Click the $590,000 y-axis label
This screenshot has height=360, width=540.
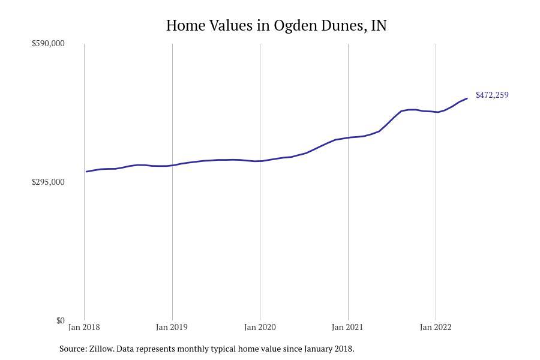[x=48, y=43]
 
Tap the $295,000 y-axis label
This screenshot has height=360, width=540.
[x=48, y=182]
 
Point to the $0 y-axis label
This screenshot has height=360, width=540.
[x=60, y=320]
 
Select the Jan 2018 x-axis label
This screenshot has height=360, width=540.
[x=84, y=327]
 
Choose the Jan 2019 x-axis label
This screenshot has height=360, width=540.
[x=172, y=327]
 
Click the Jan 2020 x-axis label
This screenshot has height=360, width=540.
[x=260, y=327]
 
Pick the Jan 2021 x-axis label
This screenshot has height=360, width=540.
[x=347, y=327]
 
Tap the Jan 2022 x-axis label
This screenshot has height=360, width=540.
[x=436, y=327]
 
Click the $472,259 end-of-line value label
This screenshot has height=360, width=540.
[x=492, y=95]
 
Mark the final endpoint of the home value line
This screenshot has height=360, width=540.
[x=467, y=98]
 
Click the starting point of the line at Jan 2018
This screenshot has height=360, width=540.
[x=86, y=172]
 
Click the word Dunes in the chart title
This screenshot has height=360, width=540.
[x=340, y=26]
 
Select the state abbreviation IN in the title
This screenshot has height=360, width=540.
[x=379, y=26]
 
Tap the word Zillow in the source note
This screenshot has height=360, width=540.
[x=101, y=349]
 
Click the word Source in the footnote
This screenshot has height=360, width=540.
[x=73, y=349]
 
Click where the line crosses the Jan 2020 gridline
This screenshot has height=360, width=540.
[x=260, y=161]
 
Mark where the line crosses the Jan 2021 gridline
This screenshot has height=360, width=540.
[x=348, y=138]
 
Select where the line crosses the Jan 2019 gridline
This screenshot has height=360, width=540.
[x=172, y=165]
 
